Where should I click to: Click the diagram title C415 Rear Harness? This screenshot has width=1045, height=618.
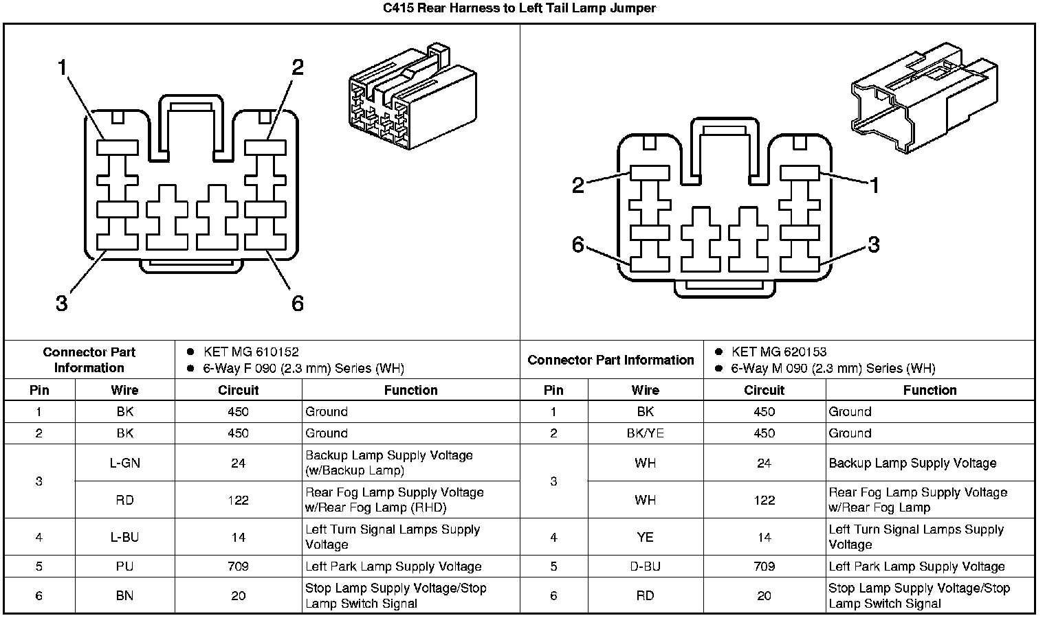[519, 9]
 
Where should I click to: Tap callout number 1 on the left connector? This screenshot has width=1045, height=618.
[63, 68]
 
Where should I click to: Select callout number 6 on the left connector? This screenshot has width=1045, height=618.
[297, 303]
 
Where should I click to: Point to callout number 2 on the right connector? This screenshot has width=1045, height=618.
[578, 185]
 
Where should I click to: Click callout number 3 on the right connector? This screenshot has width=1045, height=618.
[873, 244]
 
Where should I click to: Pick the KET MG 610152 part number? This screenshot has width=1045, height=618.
[251, 352]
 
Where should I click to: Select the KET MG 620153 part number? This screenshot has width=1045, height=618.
[779, 352]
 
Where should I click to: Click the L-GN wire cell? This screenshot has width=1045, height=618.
[124, 463]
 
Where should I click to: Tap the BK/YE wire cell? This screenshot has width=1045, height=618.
[645, 433]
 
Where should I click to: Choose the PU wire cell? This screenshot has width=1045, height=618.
[124, 566]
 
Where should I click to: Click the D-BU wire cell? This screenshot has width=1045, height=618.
[645, 566]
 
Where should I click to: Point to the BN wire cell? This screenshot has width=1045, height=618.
[124, 595]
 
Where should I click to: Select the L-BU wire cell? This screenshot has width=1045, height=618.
[124, 537]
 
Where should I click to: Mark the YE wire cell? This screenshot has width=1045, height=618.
[645, 537]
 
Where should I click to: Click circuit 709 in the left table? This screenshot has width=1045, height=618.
[238, 566]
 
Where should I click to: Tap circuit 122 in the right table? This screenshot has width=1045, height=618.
[764, 500]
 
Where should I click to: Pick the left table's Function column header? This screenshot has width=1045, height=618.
[410, 390]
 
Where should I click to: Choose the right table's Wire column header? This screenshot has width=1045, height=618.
[645, 390]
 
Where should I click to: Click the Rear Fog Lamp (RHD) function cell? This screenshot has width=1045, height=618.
[395, 500]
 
